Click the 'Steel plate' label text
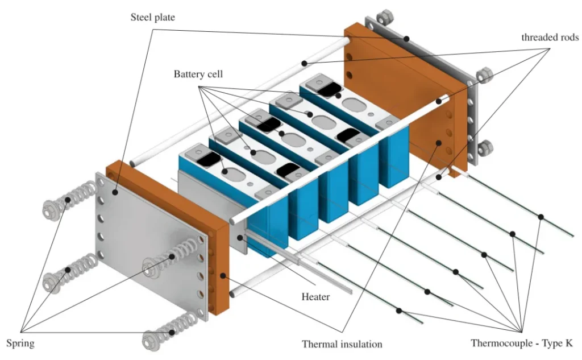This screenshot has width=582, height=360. pos(152,18)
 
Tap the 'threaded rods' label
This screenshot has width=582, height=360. pos(550,38)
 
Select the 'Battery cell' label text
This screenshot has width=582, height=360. pos(198,75)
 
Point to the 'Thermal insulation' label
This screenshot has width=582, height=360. pos(342,344)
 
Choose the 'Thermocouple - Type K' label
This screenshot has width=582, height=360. pos(521,344)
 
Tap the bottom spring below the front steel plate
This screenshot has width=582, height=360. pos(165,333)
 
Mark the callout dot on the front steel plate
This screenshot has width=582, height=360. pos(116,193)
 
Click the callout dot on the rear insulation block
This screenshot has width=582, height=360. pos(438,143)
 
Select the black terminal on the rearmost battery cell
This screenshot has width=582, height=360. pos(327,88)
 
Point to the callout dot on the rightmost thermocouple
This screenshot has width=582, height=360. pos(541,217)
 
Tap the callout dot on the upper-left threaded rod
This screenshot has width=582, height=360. pos(305,63)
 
